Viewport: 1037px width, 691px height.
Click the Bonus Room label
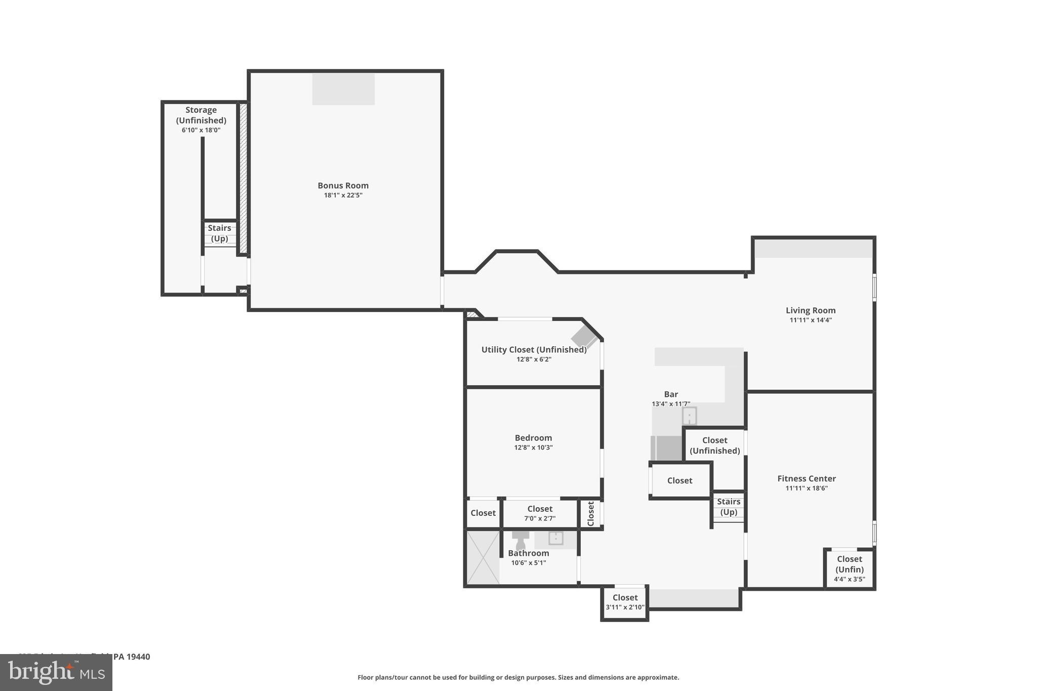point(343,186)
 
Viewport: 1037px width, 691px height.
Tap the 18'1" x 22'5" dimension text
point(343,195)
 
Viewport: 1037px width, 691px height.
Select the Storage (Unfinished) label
point(201,115)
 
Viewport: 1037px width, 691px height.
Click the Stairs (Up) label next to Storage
point(219,233)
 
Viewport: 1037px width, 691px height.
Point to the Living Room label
point(810,310)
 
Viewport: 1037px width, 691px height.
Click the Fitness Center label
point(806,478)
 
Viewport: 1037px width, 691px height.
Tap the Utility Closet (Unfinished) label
point(534,350)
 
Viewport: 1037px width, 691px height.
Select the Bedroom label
point(533,438)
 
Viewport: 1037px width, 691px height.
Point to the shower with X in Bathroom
point(483,557)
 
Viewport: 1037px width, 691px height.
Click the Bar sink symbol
point(689,416)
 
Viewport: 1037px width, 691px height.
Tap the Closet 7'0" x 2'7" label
point(540,513)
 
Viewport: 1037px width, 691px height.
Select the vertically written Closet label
point(590,513)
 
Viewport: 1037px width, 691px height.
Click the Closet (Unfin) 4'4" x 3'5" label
point(849,568)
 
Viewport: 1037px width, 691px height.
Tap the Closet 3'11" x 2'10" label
point(625,602)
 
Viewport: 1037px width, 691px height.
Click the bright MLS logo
point(56,672)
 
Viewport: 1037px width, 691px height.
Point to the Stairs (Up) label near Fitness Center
point(728,507)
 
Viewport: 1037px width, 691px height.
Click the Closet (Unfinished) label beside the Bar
point(714,445)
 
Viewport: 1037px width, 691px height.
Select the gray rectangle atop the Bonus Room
point(343,89)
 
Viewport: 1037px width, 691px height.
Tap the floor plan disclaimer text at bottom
point(518,677)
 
